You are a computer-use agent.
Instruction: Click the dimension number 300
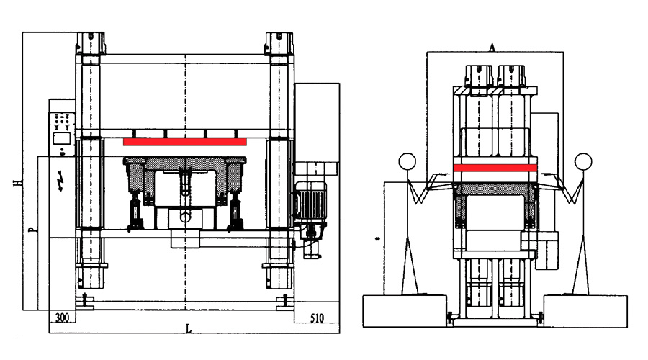pos(62,318)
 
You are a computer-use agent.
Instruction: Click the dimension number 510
pos(317,318)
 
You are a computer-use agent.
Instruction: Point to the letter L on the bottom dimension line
pos(189,329)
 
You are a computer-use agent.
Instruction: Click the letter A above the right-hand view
pos(492,48)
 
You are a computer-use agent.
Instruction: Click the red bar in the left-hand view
pos(185,142)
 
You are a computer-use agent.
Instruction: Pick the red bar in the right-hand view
pos(495,168)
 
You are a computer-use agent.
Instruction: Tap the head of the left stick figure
pos(407,161)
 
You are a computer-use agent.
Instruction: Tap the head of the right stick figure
pos(583,161)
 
